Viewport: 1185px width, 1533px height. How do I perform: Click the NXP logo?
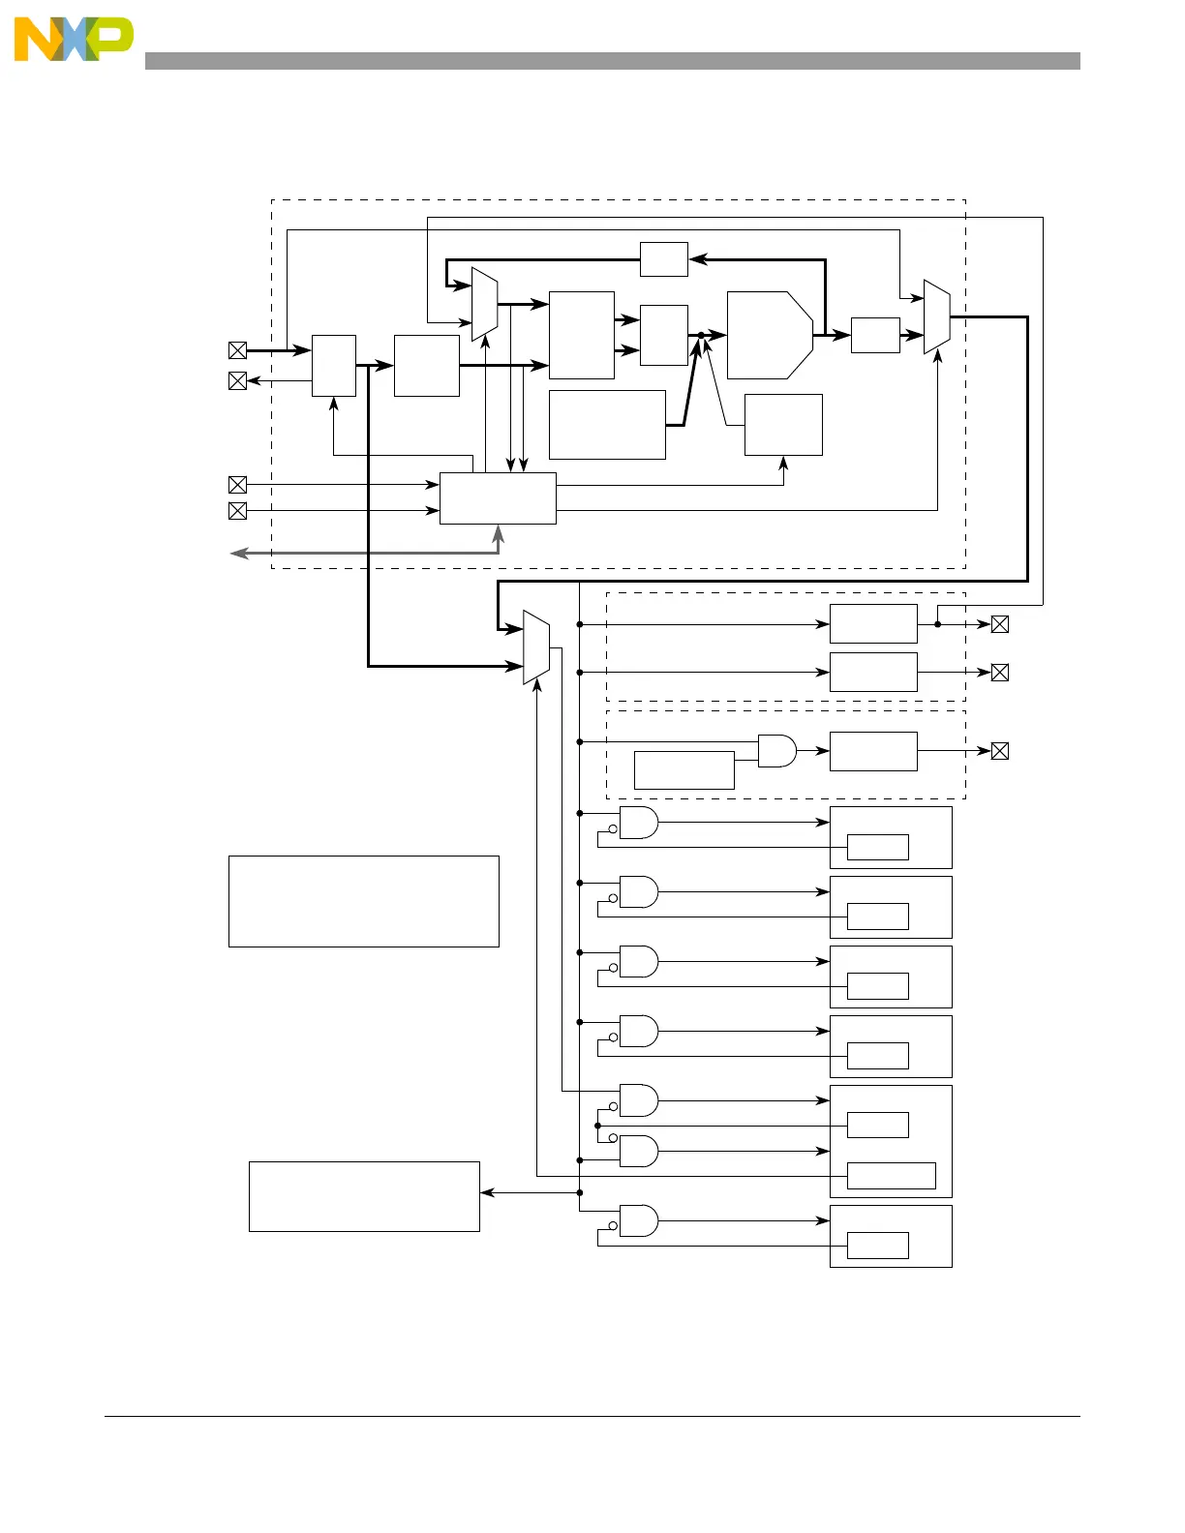pos(74,40)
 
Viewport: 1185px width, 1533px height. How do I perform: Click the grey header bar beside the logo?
pos(612,61)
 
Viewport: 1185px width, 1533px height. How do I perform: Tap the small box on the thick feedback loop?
pos(663,259)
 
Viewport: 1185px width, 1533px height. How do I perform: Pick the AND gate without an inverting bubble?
pos(776,750)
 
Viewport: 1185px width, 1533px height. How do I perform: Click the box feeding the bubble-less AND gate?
pos(684,769)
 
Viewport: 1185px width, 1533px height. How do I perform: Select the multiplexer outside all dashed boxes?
pos(535,647)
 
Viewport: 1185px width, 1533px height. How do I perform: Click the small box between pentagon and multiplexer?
pos(875,335)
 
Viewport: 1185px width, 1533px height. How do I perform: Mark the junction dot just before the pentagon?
pos(701,335)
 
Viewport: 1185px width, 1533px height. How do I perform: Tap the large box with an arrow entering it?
pos(364,1196)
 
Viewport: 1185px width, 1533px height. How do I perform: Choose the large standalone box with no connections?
pos(363,901)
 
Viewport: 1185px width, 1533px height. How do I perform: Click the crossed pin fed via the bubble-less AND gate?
pos(1000,750)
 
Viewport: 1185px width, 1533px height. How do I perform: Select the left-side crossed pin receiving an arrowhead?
pos(237,380)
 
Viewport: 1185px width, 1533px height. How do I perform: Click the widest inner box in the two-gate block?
pos(891,1175)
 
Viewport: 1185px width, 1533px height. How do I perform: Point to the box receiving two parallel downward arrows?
pos(498,498)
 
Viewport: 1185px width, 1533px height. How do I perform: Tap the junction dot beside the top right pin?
pos(937,624)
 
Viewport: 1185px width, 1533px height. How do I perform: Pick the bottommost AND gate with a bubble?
pos(638,1220)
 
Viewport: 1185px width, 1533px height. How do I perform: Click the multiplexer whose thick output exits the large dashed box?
pos(936,316)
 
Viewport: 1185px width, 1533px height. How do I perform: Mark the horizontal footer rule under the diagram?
pos(592,1417)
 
